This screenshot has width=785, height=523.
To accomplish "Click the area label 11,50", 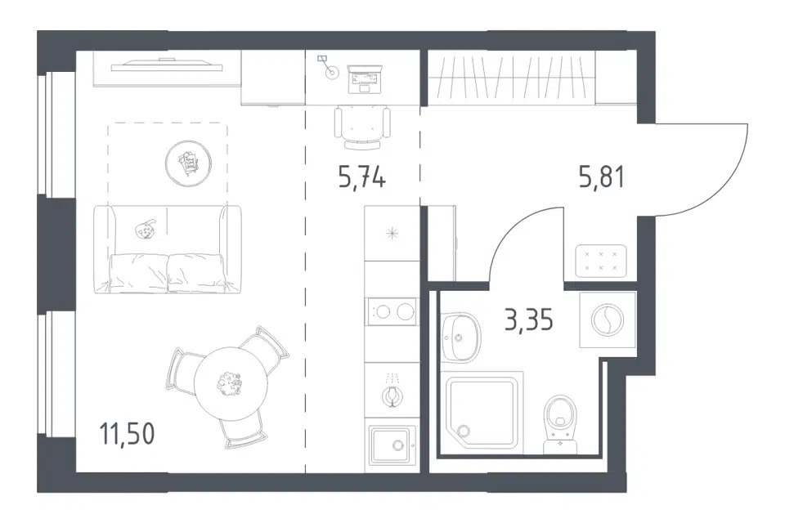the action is (128, 433).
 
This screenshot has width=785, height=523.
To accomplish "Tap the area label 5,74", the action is (362, 177).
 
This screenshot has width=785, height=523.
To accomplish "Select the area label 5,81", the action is (602, 177).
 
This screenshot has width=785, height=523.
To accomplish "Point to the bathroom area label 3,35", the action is (529, 320).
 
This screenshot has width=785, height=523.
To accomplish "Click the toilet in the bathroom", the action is (560, 424).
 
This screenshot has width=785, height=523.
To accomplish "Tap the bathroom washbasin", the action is (460, 337).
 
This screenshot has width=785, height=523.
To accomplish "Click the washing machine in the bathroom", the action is (608, 320).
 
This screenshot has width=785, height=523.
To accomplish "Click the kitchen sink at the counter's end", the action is (393, 445).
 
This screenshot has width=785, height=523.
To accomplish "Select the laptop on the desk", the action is (365, 78).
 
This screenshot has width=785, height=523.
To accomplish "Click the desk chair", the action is (362, 127).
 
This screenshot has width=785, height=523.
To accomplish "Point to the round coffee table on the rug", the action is (188, 163).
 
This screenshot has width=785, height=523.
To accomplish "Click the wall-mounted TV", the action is (167, 65).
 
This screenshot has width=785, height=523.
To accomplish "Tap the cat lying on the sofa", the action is (146, 230).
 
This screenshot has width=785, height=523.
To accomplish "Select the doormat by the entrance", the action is (601, 261).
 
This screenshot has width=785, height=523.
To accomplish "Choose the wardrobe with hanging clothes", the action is (511, 78).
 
